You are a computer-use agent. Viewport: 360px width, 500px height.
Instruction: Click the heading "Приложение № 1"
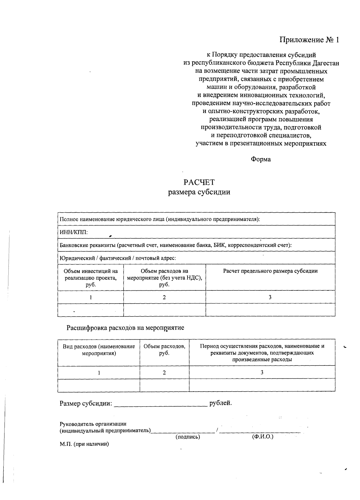[309, 40]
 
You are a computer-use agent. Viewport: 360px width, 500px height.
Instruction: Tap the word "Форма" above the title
[261, 159]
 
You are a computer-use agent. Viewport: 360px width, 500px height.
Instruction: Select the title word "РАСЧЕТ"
[199, 182]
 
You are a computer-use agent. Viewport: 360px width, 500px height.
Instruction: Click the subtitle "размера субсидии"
[199, 192]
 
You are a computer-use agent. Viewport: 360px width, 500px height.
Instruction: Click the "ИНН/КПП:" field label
[74, 232]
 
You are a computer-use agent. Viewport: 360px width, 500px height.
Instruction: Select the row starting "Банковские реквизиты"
[175, 245]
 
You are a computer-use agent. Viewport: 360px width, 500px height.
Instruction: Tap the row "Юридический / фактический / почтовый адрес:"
[118, 258]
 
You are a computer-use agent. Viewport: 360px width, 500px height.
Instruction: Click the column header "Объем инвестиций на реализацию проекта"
[91, 278]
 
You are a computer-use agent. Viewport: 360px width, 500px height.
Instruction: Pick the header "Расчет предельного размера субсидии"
[270, 271]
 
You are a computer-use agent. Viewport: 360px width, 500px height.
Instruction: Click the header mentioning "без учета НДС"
[164, 278]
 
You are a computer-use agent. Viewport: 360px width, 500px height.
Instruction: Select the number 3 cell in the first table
[270, 297]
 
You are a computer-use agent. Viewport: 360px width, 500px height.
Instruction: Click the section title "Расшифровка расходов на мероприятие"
[125, 328]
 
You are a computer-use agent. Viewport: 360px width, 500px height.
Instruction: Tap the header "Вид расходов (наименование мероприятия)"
[99, 350]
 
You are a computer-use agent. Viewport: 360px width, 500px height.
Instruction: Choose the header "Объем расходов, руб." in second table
[164, 350]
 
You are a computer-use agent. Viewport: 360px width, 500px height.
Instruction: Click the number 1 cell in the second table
[99, 373]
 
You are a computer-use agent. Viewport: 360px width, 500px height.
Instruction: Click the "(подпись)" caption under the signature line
[188, 437]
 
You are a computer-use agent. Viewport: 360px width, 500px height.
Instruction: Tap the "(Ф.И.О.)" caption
[263, 437]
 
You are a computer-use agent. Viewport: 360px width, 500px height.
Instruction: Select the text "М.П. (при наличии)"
[84, 444]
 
